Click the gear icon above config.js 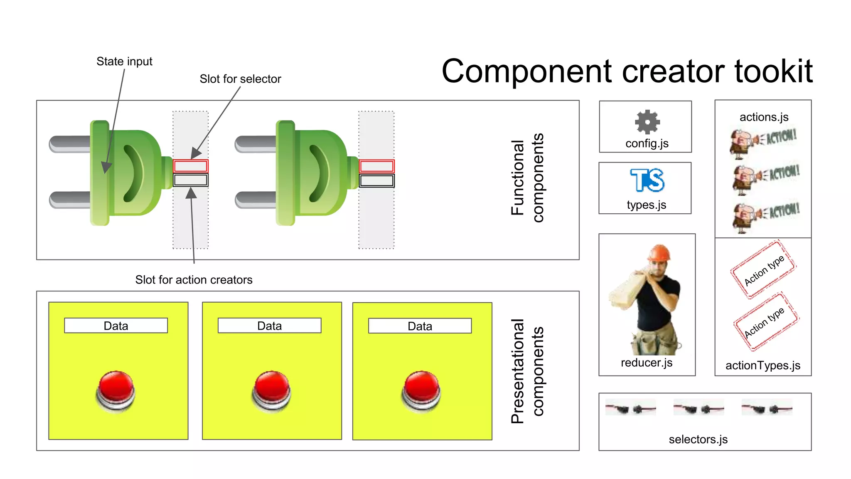(647, 122)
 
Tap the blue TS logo (647, 180)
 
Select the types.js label (647, 205)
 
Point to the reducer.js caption (647, 363)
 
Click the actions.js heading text (764, 117)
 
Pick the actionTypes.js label (763, 365)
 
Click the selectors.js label (698, 439)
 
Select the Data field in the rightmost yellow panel (420, 326)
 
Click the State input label (124, 62)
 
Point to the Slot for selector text (240, 79)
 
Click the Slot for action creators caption (194, 280)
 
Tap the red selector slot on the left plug (191, 166)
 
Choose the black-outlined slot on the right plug (376, 181)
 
